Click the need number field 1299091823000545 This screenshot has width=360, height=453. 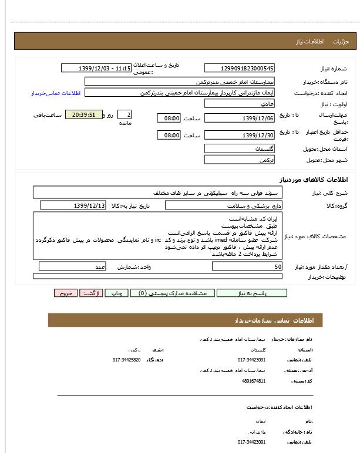click(x=239, y=68)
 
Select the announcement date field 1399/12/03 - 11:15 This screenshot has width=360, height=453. click(x=96, y=68)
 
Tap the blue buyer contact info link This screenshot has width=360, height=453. click(x=55, y=93)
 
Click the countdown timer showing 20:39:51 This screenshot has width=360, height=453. click(x=84, y=114)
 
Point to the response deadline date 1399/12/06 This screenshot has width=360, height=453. click(x=239, y=119)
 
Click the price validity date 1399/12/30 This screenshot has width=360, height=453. click(x=239, y=136)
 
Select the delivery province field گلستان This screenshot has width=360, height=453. click(x=239, y=149)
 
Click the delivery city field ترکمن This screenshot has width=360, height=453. click(x=239, y=160)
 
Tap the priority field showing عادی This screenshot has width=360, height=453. click(x=239, y=103)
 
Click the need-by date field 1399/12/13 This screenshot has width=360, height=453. click(x=73, y=205)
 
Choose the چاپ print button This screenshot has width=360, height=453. click(x=117, y=293)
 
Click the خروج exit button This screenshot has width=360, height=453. click(x=65, y=293)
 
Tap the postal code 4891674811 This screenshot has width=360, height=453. click(x=253, y=381)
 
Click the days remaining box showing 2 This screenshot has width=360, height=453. click(x=125, y=114)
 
